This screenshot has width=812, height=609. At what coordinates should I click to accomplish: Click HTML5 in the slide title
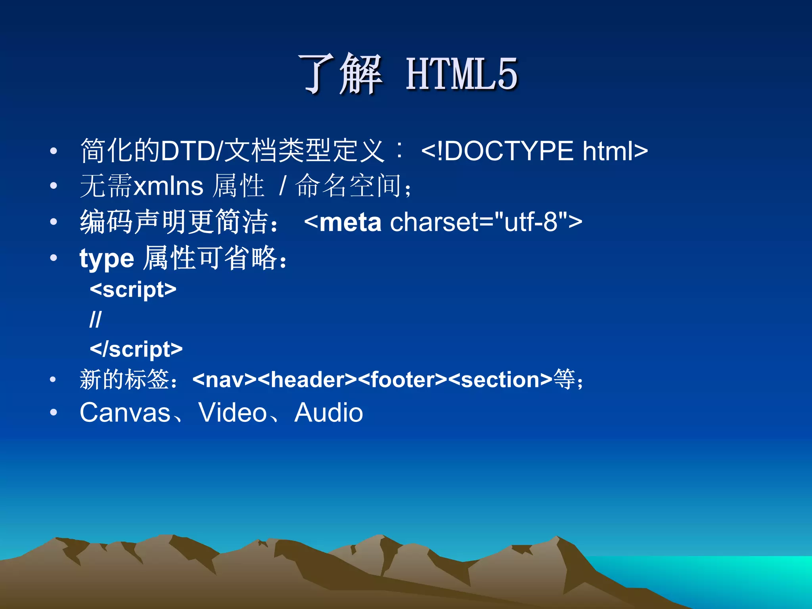pos(462,74)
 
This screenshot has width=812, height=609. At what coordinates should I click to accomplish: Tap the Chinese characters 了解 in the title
pos(340,74)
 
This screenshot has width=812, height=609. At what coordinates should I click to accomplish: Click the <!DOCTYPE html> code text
pos(534,151)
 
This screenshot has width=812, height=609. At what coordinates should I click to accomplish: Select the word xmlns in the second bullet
pos(169,186)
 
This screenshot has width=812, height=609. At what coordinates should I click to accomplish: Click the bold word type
pos(107,259)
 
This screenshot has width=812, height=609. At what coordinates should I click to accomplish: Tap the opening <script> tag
pos(133,289)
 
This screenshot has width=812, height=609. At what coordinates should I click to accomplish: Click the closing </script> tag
pos(136,349)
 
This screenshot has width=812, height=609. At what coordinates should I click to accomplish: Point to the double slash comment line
pos(96,319)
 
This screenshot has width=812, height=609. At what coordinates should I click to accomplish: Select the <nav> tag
pos(224,380)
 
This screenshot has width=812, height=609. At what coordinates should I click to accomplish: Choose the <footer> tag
pos(402,380)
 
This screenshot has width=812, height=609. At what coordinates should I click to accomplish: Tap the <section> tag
pos(500,380)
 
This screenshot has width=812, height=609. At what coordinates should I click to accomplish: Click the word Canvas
pos(125,413)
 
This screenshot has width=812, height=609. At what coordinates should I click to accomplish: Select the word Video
pos(233,413)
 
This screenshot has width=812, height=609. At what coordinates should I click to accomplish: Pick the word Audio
pos(328,413)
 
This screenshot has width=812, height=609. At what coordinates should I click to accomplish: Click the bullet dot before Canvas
pos(54,413)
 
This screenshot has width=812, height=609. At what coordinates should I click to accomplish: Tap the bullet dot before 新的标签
pos(53,380)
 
